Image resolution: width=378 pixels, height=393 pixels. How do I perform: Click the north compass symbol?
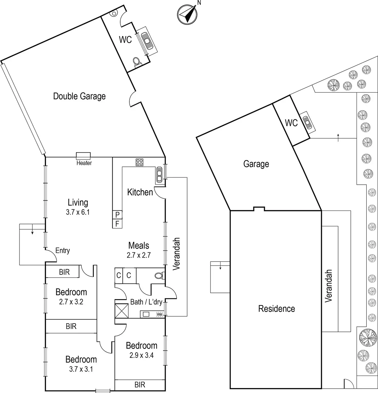pos(187,15)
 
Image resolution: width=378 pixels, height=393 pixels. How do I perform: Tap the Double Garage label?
pos(79,96)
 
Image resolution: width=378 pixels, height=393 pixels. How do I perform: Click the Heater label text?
pos(84,163)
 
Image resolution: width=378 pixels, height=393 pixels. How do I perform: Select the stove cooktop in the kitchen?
pos(139,162)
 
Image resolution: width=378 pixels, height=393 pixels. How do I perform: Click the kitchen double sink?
pos(159,175)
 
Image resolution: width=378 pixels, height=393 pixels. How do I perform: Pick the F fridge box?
pos(117,224)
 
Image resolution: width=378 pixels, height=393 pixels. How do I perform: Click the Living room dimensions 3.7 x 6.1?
pos(78,212)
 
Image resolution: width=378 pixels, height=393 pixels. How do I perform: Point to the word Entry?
pos(63,251)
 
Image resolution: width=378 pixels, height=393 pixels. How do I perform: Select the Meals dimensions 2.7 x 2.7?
pos(139,255)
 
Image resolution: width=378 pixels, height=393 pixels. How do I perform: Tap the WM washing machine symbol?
pos(159,314)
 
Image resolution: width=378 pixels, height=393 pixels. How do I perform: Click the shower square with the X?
pos(121,311)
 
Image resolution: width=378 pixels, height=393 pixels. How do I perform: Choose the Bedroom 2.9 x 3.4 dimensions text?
pos(141,355)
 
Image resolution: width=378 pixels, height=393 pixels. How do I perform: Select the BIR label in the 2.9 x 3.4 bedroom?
pos(140,385)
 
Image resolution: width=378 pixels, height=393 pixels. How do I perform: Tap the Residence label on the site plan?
pos(277,309)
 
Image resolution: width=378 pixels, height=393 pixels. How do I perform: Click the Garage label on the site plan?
pos(256,164)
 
